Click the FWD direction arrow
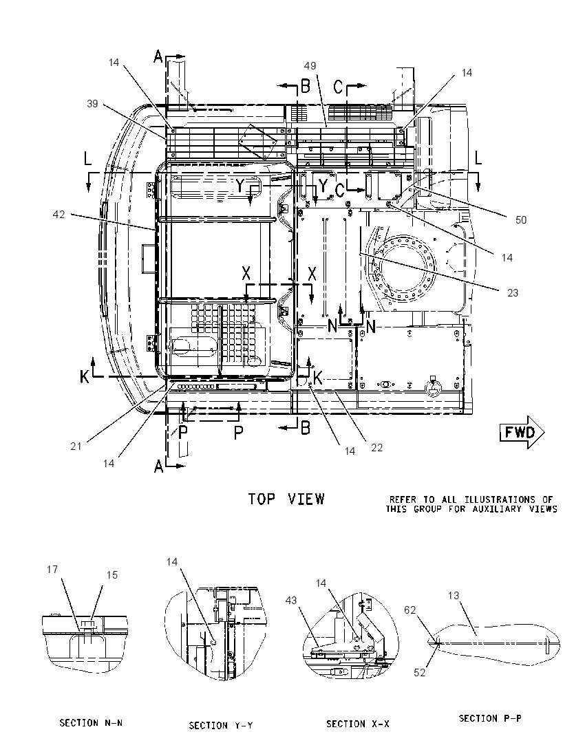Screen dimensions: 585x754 [522, 432]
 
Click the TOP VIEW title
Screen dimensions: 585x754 [286, 499]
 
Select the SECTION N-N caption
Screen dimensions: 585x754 [91, 723]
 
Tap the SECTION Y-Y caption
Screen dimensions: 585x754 [221, 725]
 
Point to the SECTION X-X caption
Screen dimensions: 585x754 [358, 724]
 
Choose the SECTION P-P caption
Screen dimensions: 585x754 [490, 718]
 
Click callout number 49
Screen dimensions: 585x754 [310, 66]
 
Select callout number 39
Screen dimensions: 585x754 [92, 103]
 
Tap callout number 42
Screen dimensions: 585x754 [58, 215]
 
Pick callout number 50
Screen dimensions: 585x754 [521, 219]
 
